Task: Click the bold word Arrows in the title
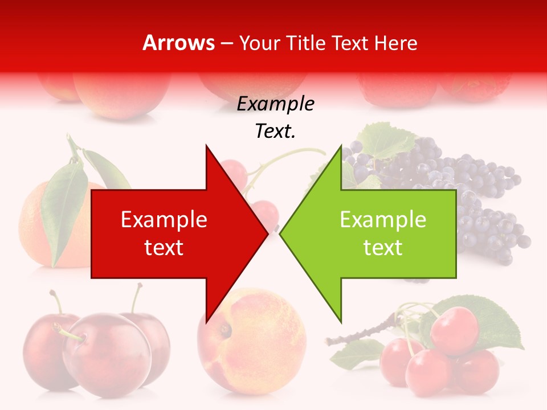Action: tap(179, 43)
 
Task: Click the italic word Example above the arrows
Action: tap(275, 104)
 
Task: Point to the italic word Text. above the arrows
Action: tap(275, 132)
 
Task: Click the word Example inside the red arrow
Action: tap(164, 220)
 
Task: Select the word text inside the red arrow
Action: tap(164, 248)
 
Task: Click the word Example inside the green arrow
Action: tap(383, 220)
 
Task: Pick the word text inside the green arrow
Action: tap(383, 248)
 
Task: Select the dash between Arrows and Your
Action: tap(226, 43)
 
